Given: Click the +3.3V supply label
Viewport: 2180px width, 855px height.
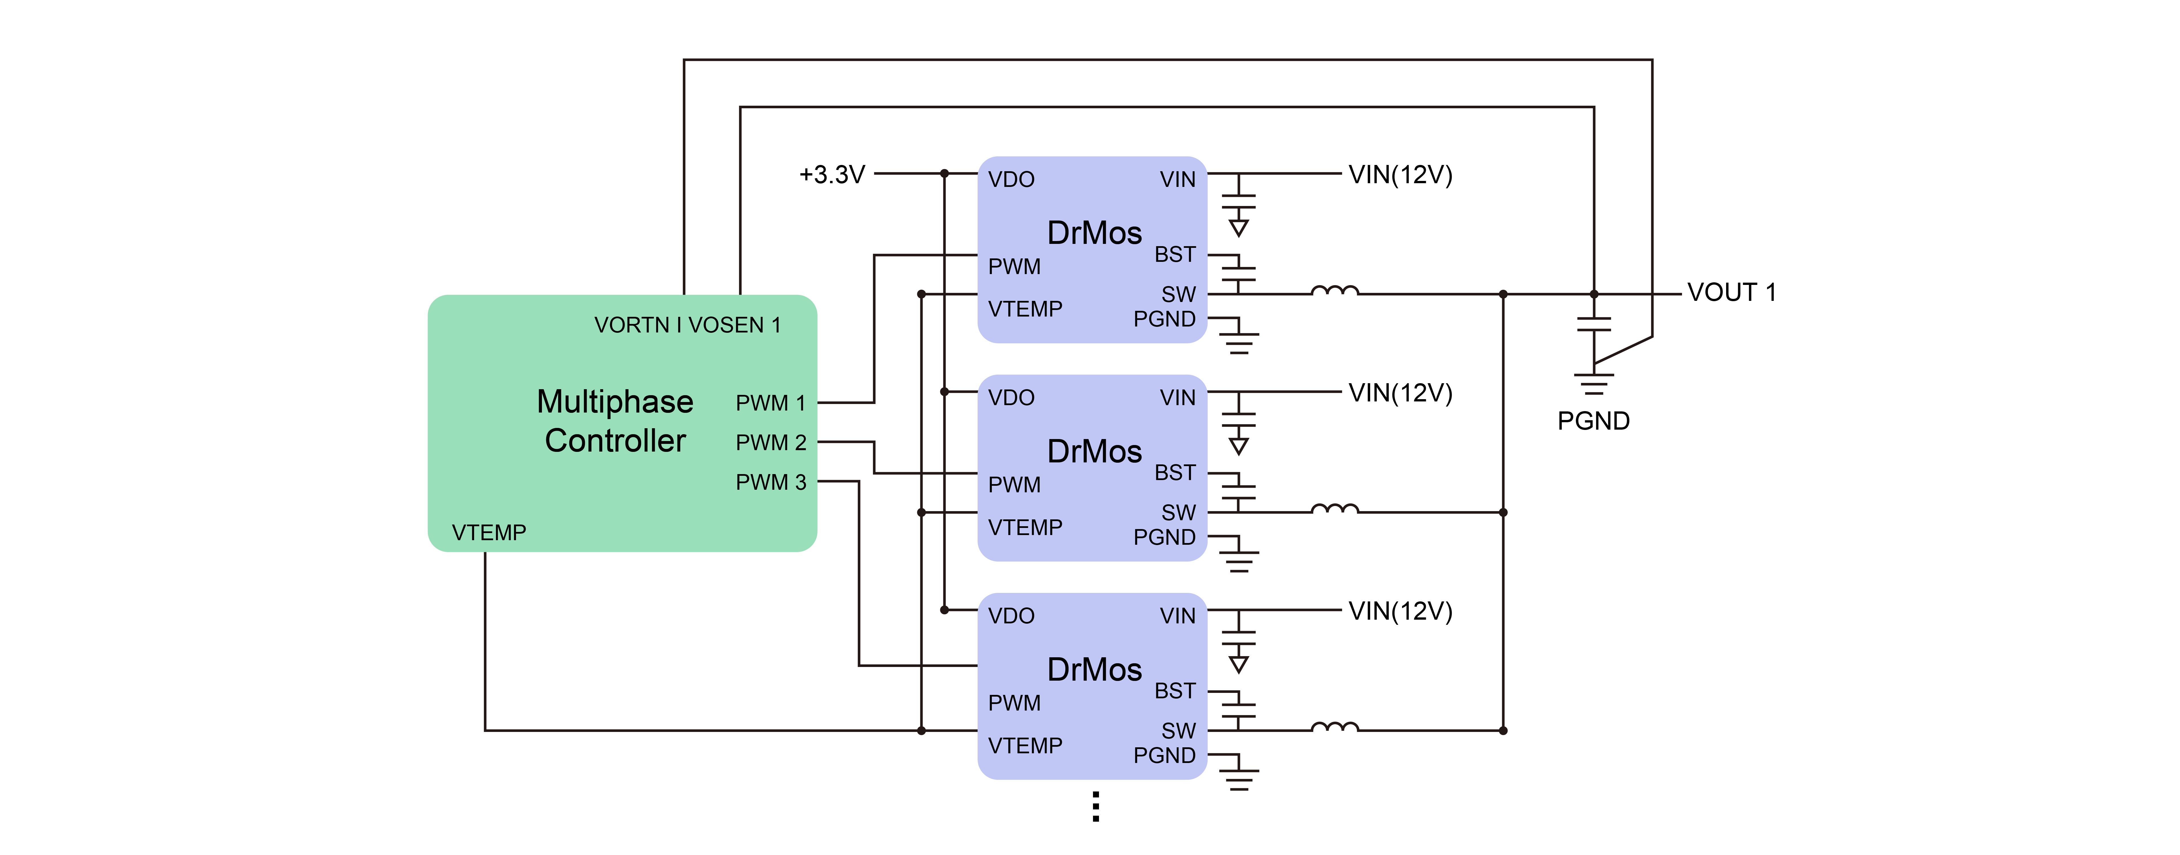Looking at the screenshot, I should (832, 175).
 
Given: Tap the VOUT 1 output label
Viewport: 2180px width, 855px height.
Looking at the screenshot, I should (1731, 293).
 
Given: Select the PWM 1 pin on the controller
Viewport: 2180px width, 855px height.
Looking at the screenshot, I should (770, 403).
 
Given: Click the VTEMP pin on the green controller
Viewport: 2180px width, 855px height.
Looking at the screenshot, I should (489, 532).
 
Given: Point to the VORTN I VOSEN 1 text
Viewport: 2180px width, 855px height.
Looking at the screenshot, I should (687, 325).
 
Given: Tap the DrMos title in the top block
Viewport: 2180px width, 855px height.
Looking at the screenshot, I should (1094, 233).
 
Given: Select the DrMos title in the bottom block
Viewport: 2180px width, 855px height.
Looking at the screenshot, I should (1094, 670).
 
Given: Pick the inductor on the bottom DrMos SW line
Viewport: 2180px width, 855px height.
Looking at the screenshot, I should (1335, 728).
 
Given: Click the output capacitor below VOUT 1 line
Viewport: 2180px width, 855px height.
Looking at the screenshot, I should (1594, 324).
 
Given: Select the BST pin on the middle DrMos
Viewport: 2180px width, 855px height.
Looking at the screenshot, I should (1175, 472).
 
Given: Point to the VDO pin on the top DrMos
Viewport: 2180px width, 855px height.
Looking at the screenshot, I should (1011, 179).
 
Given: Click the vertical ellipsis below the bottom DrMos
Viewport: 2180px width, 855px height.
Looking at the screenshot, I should (1096, 807).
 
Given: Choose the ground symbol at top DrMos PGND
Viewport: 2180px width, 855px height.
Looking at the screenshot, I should (1239, 340).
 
